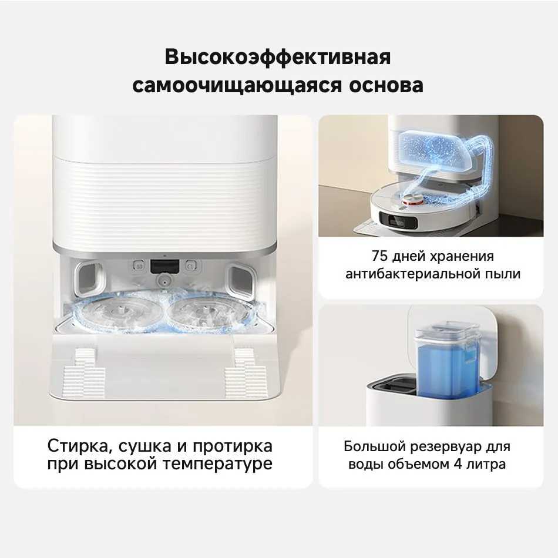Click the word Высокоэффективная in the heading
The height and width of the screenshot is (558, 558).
[x=278, y=58]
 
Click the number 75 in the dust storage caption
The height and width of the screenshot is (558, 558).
[x=380, y=256]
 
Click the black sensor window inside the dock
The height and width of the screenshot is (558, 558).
[x=164, y=266]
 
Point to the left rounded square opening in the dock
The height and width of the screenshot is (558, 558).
[x=89, y=280]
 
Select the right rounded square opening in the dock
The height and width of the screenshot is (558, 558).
[x=242, y=280]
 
